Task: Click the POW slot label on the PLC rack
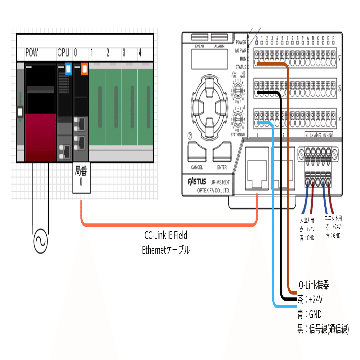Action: [x=32, y=53]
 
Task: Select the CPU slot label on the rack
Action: [x=63, y=53]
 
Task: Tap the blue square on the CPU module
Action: [x=68, y=69]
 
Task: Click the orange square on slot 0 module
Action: [x=84, y=69]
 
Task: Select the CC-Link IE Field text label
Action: [x=166, y=236]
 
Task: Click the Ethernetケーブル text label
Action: [x=166, y=250]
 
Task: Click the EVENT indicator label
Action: [x=200, y=46]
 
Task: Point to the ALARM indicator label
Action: [x=219, y=46]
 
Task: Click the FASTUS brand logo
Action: [x=197, y=182]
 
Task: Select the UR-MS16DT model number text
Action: [x=220, y=182]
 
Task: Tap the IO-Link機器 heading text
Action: [x=313, y=285]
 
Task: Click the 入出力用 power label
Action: [x=307, y=221]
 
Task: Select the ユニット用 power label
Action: [x=333, y=219]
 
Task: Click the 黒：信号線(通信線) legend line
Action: [x=323, y=329]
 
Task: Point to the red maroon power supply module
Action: [x=40, y=137]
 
